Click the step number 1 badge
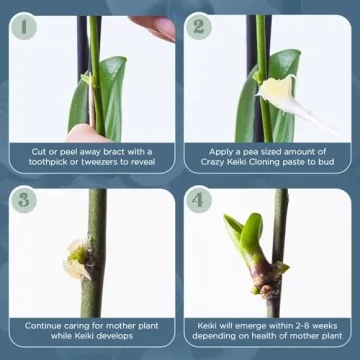coord(24,26)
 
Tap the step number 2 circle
coord(199,26)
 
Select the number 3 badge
coord(24,200)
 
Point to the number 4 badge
coord(199,200)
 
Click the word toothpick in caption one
coord(47,162)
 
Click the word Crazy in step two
coord(213,162)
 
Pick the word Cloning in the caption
coord(266,162)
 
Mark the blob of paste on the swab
coord(276,89)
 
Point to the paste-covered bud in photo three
coord(77,258)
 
